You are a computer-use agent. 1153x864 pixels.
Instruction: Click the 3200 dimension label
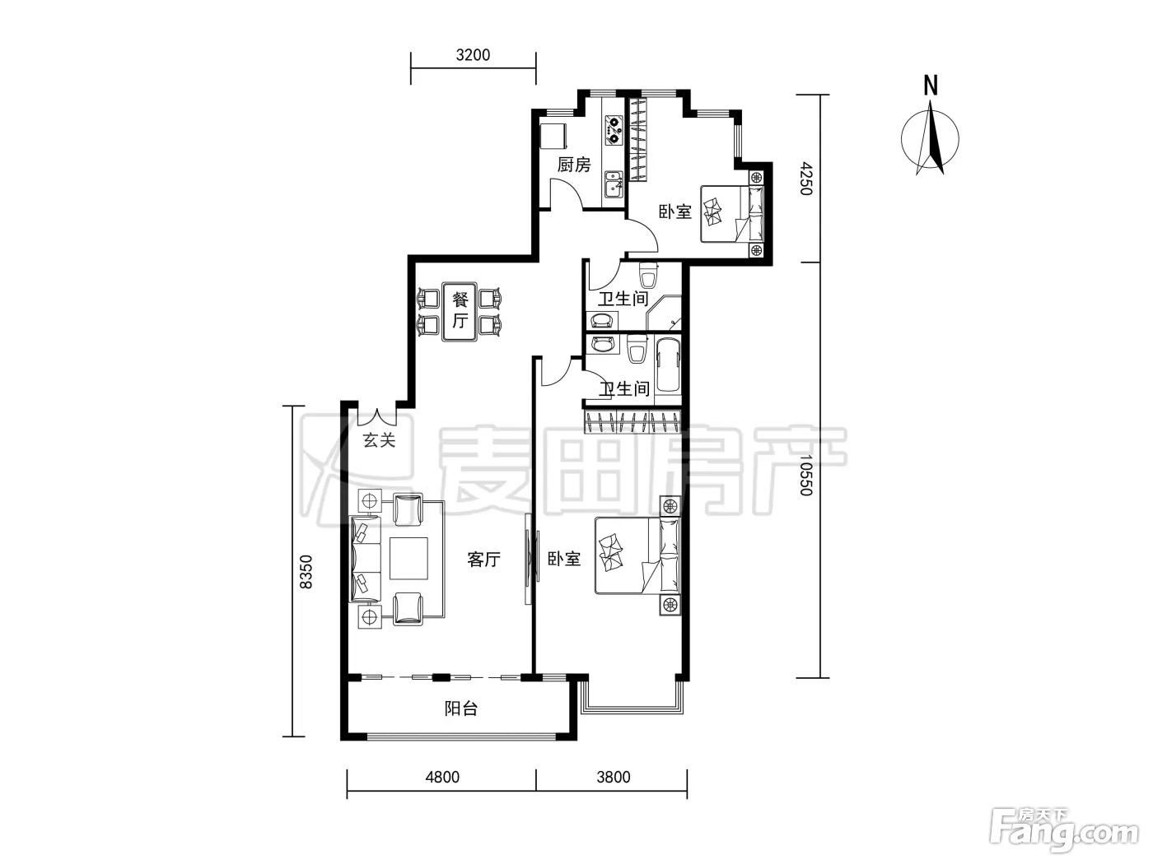(x=473, y=55)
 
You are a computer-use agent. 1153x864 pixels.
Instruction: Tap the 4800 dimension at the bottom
(x=442, y=777)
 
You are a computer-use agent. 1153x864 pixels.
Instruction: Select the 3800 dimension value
(x=614, y=777)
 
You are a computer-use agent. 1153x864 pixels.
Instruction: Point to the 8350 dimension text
(x=306, y=571)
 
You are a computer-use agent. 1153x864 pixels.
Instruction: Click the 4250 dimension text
(x=806, y=179)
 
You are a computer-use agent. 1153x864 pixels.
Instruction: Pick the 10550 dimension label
(x=806, y=475)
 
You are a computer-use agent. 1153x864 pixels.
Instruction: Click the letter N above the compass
(x=931, y=86)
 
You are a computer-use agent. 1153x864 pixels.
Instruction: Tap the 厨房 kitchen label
(x=573, y=165)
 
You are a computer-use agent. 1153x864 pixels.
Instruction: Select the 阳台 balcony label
(x=460, y=708)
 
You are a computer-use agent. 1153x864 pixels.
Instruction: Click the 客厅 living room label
(x=483, y=560)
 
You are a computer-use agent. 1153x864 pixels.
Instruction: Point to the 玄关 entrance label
(x=379, y=440)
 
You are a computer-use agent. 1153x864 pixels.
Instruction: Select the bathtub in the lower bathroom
(x=668, y=365)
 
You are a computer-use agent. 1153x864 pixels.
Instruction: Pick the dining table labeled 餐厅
(x=460, y=312)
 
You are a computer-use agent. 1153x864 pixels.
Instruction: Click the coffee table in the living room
(x=408, y=558)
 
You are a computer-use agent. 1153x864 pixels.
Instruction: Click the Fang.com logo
(x=1064, y=834)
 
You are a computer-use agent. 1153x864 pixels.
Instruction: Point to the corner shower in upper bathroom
(x=664, y=313)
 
